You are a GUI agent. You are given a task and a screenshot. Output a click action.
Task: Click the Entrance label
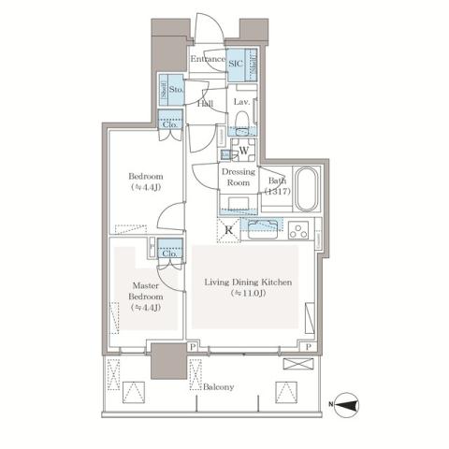pyautogui.click(x=208, y=60)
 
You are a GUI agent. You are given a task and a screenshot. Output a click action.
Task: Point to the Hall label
pyautogui.click(x=205, y=105)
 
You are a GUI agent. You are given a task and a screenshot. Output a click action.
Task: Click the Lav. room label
pyautogui.click(x=240, y=102)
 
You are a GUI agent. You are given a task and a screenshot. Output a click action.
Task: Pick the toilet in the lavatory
pyautogui.click(x=241, y=120)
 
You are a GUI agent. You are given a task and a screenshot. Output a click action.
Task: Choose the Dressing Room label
pyautogui.click(x=239, y=176)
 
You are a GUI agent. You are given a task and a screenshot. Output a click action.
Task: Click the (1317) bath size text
pyautogui.click(x=276, y=190)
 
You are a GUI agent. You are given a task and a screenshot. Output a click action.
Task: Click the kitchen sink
pyautogui.click(x=261, y=225)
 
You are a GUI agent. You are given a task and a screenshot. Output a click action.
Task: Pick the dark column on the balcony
pyautogui.click(x=169, y=359)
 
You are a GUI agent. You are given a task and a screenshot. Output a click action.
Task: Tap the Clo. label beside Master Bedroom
pyautogui.click(x=170, y=253)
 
